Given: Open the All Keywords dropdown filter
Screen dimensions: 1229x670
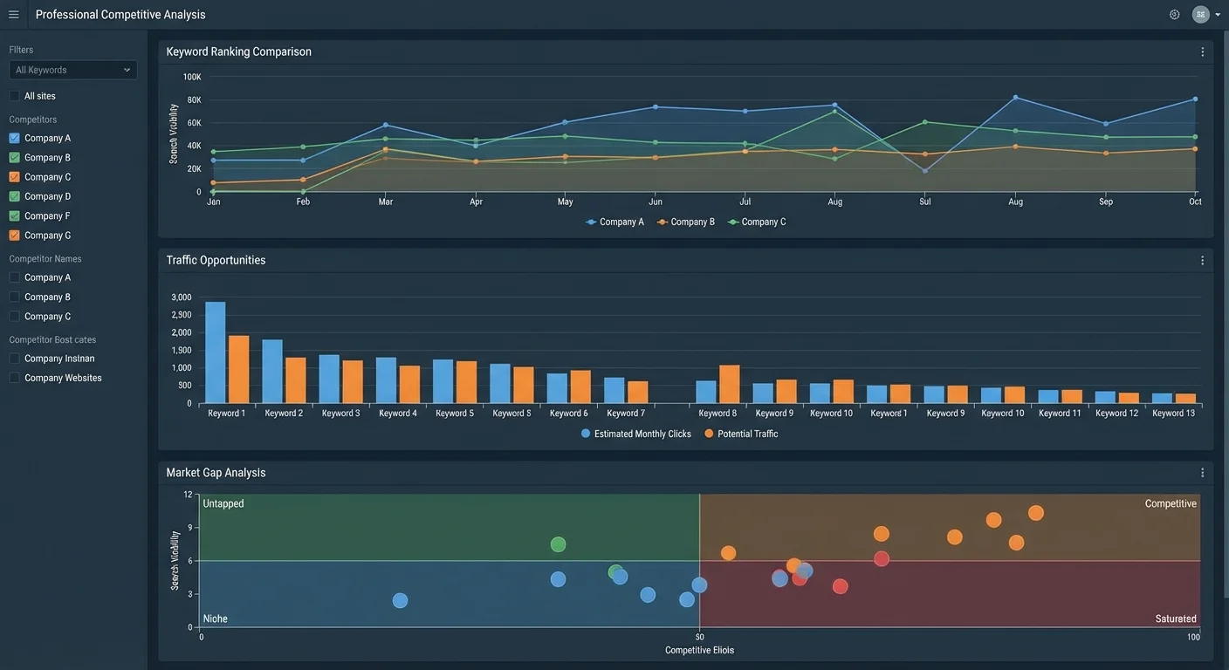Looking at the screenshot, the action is click(73, 70).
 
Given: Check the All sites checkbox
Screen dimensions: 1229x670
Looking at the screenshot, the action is click(14, 96).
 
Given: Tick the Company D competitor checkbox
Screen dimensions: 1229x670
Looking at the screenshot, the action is click(14, 196).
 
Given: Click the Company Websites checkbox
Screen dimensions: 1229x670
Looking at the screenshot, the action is click(14, 378).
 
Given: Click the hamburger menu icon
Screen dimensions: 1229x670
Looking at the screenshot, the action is click(14, 15).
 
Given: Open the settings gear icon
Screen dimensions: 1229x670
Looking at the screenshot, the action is click(1174, 15).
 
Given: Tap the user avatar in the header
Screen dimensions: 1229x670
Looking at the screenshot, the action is click(1200, 15).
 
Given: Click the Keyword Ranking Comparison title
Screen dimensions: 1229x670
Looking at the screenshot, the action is click(238, 51).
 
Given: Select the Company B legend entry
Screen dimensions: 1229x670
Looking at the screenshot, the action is click(686, 222).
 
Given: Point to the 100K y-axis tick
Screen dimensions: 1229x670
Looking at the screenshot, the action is click(192, 78).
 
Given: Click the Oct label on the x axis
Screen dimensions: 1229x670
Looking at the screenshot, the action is click(1195, 202).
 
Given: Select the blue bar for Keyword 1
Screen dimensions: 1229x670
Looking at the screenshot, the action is click(215, 352).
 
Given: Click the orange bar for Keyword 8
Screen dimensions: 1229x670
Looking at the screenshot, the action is click(729, 384).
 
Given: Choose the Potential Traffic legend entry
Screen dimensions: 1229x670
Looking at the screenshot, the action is click(741, 434).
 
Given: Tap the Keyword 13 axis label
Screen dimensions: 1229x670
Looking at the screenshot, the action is click(1173, 414).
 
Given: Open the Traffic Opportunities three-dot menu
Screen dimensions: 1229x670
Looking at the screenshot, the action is click(1202, 261).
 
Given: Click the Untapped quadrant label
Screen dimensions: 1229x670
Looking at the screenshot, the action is click(223, 503).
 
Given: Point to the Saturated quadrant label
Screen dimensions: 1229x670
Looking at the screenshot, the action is click(1176, 619).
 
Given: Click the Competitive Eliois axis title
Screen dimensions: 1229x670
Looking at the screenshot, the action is click(699, 650).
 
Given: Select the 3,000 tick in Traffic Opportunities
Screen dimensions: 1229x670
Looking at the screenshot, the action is click(181, 297).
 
